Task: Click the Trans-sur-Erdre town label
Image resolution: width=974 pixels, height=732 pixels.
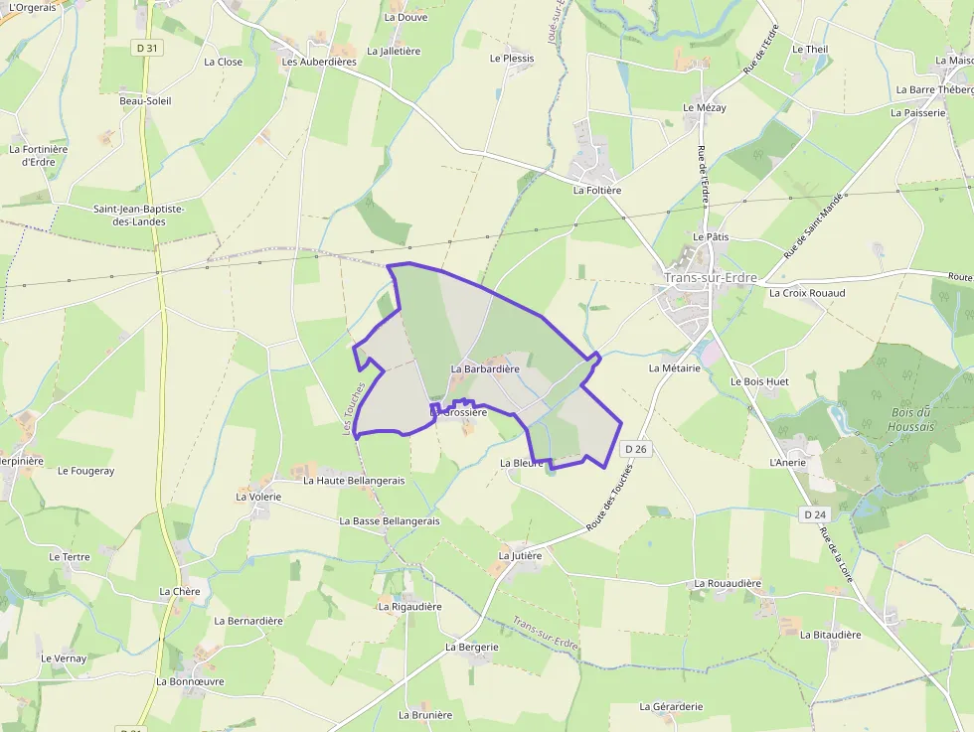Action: (x=711, y=277)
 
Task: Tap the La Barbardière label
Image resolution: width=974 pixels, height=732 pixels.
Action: (x=485, y=368)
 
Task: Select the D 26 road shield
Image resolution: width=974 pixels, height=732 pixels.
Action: (x=636, y=449)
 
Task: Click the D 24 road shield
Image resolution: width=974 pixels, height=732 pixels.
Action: (x=815, y=514)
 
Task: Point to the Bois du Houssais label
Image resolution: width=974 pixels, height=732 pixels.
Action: (x=910, y=419)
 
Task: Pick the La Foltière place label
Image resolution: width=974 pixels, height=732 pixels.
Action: (x=596, y=190)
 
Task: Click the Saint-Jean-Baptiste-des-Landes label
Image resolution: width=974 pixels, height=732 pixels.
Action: (x=138, y=216)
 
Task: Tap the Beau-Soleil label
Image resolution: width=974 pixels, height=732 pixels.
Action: (x=145, y=101)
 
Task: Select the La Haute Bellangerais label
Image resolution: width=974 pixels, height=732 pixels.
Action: (x=354, y=480)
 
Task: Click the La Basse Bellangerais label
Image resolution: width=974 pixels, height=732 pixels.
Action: (x=389, y=520)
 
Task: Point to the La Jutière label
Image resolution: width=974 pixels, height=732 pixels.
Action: (x=520, y=556)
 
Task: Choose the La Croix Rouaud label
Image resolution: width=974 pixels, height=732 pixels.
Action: (x=806, y=293)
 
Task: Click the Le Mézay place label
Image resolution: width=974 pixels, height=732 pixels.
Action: (x=704, y=107)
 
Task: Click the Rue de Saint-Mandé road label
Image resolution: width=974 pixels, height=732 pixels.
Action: (x=812, y=226)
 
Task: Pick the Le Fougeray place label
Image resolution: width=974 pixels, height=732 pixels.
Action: (x=85, y=471)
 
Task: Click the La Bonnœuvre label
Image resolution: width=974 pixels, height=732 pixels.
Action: (x=190, y=682)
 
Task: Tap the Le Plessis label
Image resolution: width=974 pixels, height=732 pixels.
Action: (x=512, y=59)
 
